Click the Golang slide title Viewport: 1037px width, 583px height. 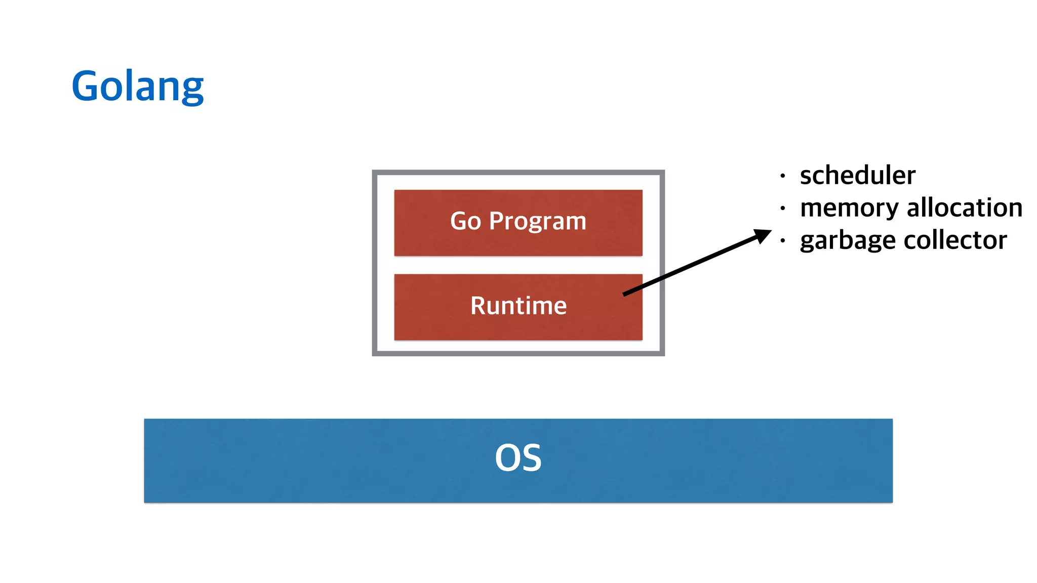coord(137,86)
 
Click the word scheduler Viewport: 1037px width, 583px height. coord(857,176)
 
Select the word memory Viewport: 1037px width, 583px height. coord(849,208)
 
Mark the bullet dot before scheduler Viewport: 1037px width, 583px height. coord(783,176)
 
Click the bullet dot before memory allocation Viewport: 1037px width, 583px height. coord(783,209)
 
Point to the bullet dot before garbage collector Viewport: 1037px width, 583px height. coord(783,241)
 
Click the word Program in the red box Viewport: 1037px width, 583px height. coord(537,222)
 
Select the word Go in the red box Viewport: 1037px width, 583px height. coord(465,221)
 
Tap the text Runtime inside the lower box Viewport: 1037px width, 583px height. coord(518,306)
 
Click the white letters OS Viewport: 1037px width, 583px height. coord(518,458)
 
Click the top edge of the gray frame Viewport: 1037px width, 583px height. coord(518,173)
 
